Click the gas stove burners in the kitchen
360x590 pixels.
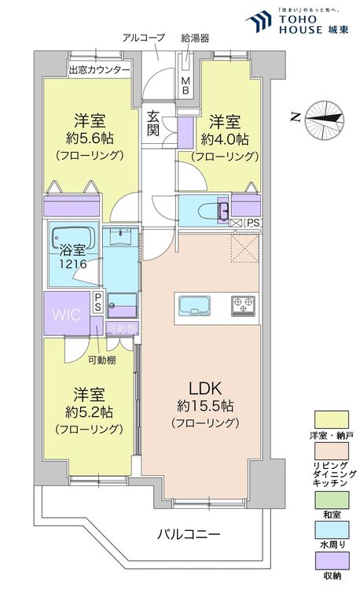(241, 304)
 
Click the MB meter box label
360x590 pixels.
(186, 83)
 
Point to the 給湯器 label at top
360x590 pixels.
(193, 37)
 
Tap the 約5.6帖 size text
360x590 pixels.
(89, 139)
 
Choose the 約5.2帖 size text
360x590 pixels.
(88, 411)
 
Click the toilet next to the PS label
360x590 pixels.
(213, 209)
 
